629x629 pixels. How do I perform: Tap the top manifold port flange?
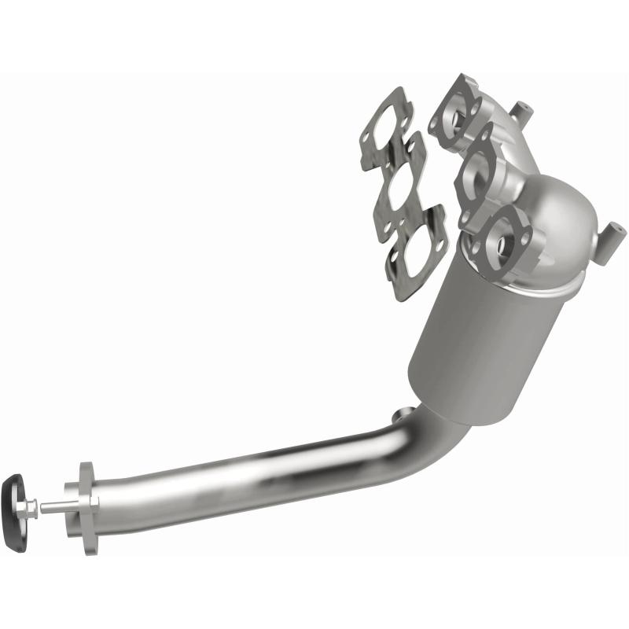coord(457,114)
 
